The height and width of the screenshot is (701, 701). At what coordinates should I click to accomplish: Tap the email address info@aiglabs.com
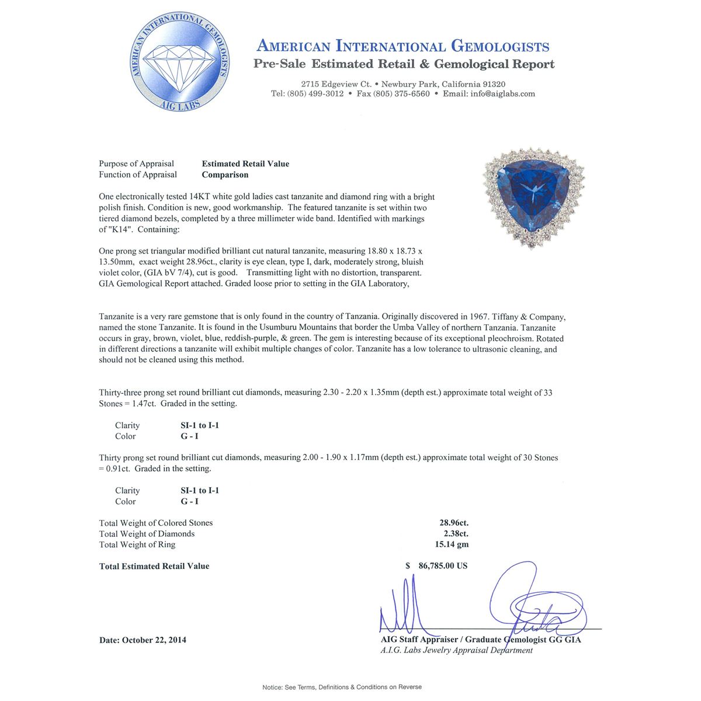(x=502, y=93)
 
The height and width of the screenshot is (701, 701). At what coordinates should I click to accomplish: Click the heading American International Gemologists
(x=403, y=46)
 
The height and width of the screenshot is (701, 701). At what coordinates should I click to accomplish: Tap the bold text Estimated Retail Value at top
(x=245, y=164)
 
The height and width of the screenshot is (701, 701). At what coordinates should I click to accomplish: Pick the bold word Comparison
(x=225, y=175)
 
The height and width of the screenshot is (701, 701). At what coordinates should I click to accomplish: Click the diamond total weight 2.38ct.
(x=456, y=533)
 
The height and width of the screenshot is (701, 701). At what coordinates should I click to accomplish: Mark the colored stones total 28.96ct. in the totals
(x=453, y=523)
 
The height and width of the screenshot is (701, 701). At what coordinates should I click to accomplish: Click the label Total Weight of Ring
(x=137, y=544)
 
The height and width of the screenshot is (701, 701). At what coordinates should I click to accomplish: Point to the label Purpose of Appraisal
(x=136, y=164)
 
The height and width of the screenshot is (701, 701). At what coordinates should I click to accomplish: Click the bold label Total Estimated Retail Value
(x=154, y=566)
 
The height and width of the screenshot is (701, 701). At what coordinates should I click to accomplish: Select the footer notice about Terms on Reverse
(x=342, y=687)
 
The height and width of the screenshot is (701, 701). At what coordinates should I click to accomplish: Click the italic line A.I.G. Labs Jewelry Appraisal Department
(x=456, y=650)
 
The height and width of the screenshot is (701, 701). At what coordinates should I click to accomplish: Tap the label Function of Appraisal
(x=138, y=175)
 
